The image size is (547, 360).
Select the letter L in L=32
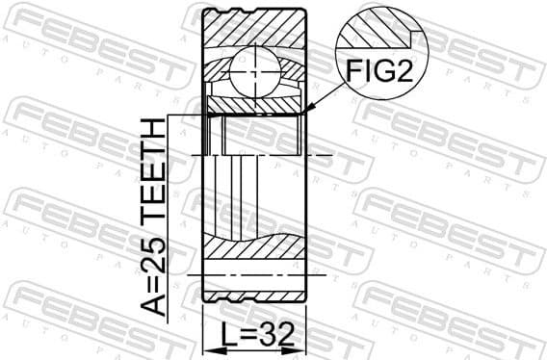(230, 336)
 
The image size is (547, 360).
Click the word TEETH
(153, 174)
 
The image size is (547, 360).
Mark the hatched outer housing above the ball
(255, 29)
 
